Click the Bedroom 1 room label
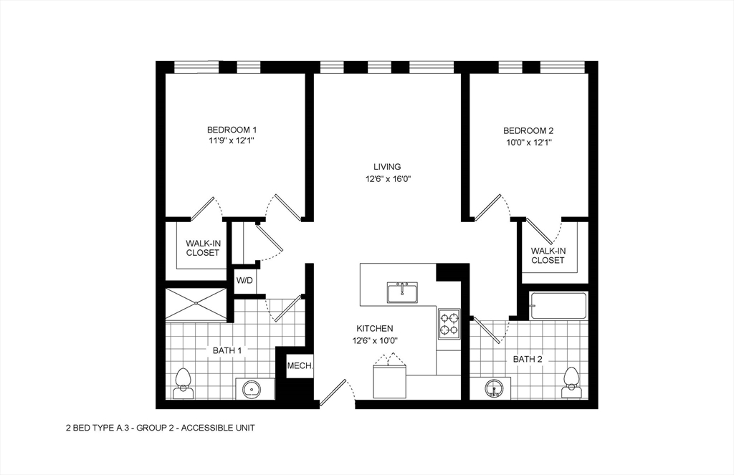(232, 130)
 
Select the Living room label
(386, 167)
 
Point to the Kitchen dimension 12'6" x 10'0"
(374, 341)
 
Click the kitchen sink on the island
(402, 292)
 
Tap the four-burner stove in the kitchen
(449, 323)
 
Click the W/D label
(244, 280)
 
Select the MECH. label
(300, 366)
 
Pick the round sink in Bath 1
(252, 390)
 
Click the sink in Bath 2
(493, 388)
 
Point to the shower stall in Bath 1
(196, 304)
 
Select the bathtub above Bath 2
(558, 306)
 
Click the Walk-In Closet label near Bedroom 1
(203, 248)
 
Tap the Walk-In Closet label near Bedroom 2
(548, 255)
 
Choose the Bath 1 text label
(227, 350)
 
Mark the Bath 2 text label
(527, 359)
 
